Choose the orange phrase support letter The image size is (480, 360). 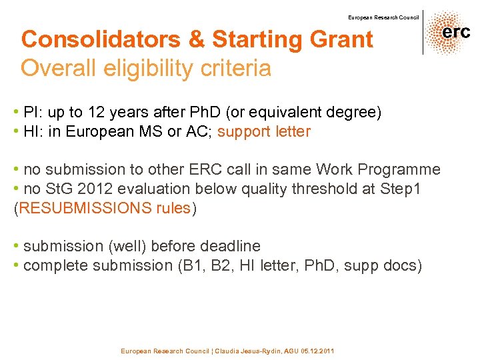tap(264, 131)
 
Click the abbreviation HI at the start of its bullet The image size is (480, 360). tap(31, 131)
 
